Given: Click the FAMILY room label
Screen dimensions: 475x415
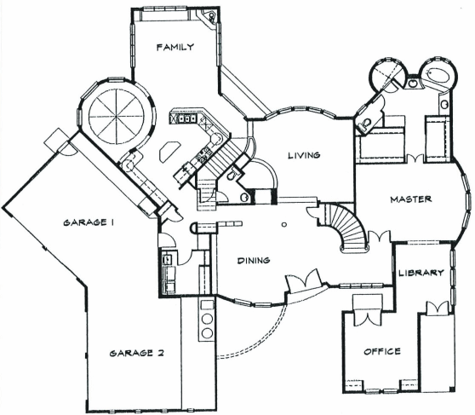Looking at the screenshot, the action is [x=175, y=47].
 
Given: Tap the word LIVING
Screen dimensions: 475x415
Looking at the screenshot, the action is [x=304, y=155].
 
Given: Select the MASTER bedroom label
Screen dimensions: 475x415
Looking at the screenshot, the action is [x=411, y=199].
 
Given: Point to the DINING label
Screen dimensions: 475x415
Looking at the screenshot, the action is [x=254, y=260].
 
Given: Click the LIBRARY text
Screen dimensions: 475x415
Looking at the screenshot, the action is [x=421, y=273].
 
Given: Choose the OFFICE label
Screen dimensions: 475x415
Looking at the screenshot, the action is [x=382, y=351].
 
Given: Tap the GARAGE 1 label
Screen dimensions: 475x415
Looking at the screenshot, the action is [x=89, y=222].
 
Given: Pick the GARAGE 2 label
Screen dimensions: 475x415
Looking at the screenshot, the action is [x=136, y=353].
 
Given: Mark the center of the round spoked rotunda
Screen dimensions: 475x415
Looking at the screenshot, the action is [x=116, y=117].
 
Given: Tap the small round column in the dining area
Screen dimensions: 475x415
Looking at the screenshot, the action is [x=283, y=224].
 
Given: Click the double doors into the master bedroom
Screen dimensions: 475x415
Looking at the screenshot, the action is [x=379, y=237].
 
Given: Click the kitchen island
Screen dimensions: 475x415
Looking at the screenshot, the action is [x=169, y=151].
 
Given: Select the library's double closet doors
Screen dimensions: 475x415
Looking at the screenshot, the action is [x=438, y=308].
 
